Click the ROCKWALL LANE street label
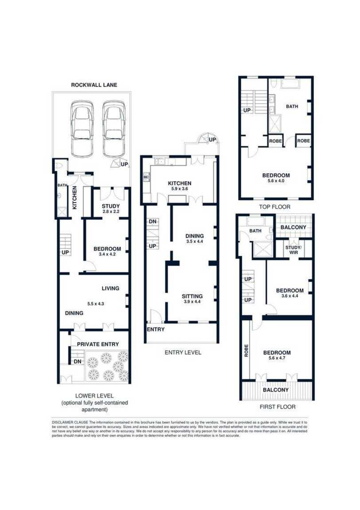[94, 85]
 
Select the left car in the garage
[81, 128]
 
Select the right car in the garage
[113, 128]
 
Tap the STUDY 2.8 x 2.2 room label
[110, 208]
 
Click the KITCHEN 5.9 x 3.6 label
[180, 186]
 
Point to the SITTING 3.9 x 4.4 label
[192, 298]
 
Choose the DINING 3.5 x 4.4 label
[195, 239]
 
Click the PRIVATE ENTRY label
[98, 344]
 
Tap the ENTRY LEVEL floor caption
[183, 352]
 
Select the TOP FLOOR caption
[274, 207]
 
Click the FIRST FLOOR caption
[278, 407]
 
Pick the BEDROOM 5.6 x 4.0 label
[276, 178]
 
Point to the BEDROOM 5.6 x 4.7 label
[277, 355]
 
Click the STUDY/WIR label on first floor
[293, 250]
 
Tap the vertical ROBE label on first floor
[246, 351]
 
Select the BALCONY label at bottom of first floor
[276, 390]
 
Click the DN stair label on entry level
[153, 222]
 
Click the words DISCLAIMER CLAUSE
[70, 422]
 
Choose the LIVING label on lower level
[110, 288]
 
